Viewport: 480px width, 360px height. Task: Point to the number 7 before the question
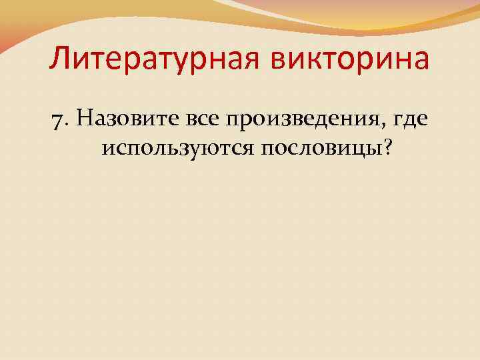[55, 120]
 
